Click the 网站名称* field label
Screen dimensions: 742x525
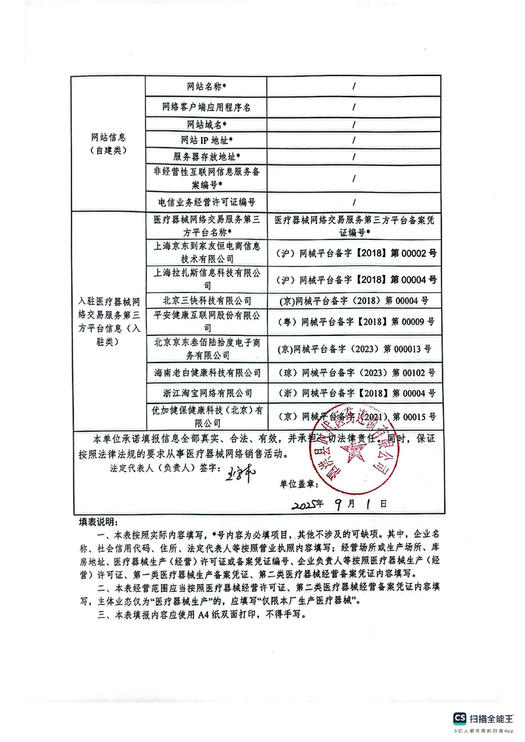tap(206, 87)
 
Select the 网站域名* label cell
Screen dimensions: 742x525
tap(206, 124)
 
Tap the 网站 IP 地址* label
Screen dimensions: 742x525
tap(206, 140)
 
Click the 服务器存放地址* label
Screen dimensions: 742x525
tap(206, 157)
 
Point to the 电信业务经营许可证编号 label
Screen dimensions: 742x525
tap(206, 202)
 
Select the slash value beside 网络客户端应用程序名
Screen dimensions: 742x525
tap(354, 106)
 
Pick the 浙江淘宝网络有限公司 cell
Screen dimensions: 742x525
tap(206, 393)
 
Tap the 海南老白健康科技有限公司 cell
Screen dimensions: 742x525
tap(206, 373)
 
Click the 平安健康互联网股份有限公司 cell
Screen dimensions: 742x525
tap(206, 320)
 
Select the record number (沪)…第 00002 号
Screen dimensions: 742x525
tap(354, 253)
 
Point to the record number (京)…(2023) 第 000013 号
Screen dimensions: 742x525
tap(354, 348)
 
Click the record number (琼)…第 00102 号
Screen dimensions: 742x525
tap(354, 373)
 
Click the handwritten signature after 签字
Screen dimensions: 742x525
tap(229, 474)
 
